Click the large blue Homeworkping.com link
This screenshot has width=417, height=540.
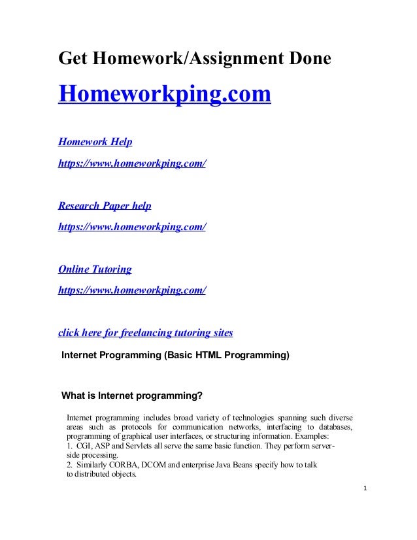(164, 94)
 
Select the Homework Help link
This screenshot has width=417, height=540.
(95, 141)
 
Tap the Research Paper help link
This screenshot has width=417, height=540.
(105, 205)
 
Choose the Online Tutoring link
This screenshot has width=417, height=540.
(95, 269)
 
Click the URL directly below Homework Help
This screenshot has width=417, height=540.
(132, 163)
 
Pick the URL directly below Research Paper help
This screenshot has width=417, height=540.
(132, 226)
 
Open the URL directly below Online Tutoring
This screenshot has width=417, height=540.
(132, 290)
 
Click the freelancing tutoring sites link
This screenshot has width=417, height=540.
(145, 333)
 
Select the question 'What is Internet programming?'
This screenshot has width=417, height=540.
(132, 395)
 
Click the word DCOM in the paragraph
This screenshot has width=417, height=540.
(150, 465)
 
